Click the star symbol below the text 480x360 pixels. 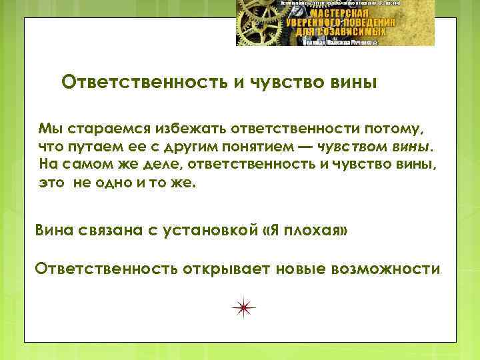244,305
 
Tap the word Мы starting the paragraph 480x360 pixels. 49,127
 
